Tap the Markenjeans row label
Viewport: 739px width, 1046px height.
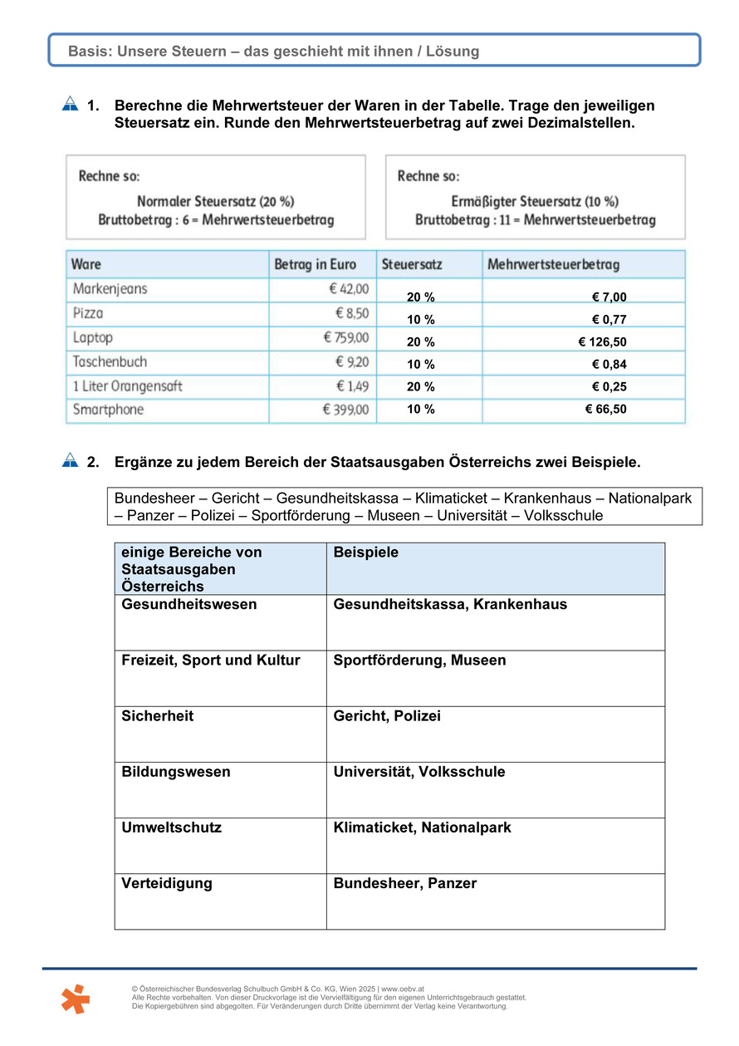click(110, 289)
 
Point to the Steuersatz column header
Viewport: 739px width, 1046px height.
click(412, 264)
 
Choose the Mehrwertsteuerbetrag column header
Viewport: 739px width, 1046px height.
click(553, 264)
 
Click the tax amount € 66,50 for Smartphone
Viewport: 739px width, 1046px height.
click(605, 410)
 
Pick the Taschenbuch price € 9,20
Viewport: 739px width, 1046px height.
click(352, 362)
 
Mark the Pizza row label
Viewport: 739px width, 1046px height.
click(88, 313)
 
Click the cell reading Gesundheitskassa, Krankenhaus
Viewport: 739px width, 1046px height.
click(450, 605)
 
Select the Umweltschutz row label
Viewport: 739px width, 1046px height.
click(171, 828)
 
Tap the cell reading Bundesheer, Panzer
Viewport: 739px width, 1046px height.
click(405, 884)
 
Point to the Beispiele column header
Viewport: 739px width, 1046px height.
click(365, 552)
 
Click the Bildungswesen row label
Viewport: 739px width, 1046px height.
click(176, 773)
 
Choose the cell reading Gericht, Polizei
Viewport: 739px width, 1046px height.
click(387, 716)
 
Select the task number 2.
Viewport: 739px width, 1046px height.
click(93, 462)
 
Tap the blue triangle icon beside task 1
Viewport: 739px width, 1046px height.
click(70, 105)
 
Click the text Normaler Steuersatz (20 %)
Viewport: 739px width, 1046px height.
click(215, 202)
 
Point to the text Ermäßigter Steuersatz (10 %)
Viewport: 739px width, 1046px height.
click(535, 202)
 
